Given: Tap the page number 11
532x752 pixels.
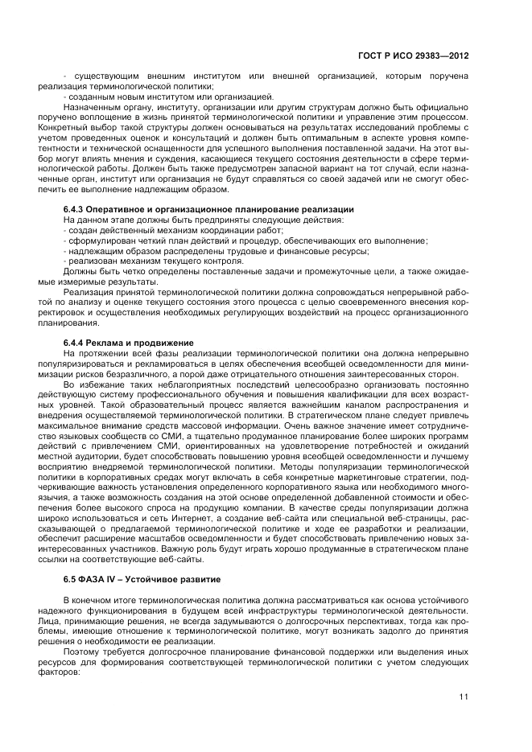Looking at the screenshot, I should (464, 697).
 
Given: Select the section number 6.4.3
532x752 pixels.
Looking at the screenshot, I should (74, 210).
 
